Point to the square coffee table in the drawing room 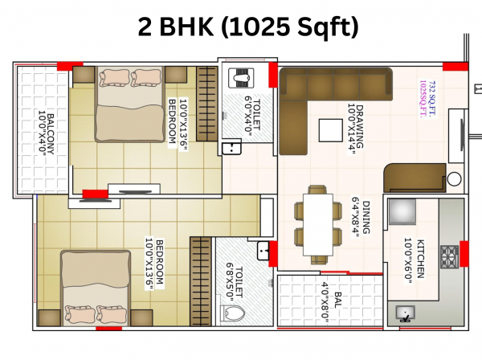pyautogui.click(x=330, y=130)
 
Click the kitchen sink pyautogui.click(x=403, y=313)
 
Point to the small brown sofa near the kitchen pyautogui.click(x=412, y=176)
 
